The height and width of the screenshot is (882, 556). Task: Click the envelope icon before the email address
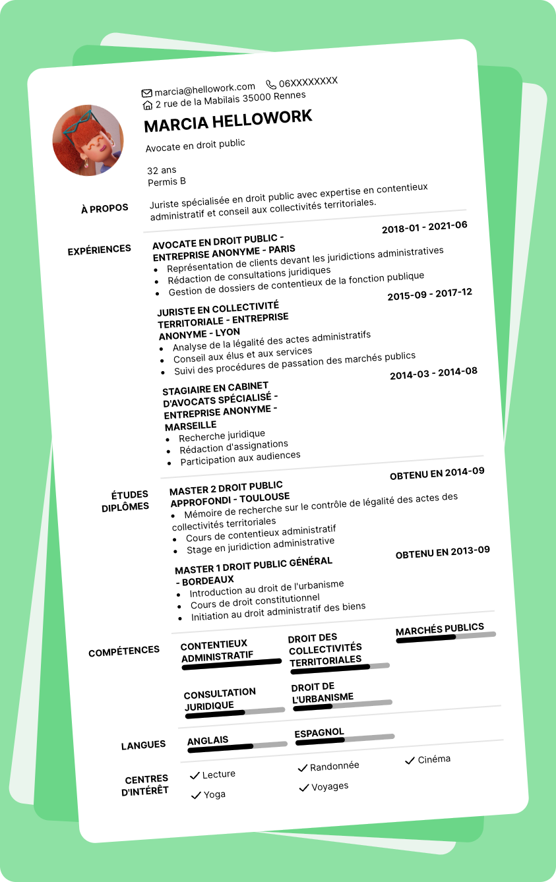tap(146, 93)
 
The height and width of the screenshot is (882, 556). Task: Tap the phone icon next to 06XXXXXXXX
tap(271, 84)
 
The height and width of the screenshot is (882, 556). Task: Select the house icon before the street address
tap(148, 105)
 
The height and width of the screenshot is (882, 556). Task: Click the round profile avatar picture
tap(88, 140)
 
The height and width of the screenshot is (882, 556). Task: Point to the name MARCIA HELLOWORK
tap(228, 121)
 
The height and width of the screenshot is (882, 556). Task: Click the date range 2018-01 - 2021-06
tap(424, 227)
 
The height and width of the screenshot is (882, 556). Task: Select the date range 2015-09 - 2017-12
tap(429, 295)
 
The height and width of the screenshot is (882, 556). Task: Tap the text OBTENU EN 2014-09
tap(437, 473)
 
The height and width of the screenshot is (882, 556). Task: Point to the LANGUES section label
tap(143, 746)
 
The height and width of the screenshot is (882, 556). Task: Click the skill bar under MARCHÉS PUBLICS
tap(446, 637)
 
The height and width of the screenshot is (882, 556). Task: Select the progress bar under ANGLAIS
tap(237, 746)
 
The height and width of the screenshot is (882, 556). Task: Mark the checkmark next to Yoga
tap(195, 796)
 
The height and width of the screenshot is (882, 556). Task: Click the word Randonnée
tap(334, 766)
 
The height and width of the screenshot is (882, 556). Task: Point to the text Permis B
tap(167, 181)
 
